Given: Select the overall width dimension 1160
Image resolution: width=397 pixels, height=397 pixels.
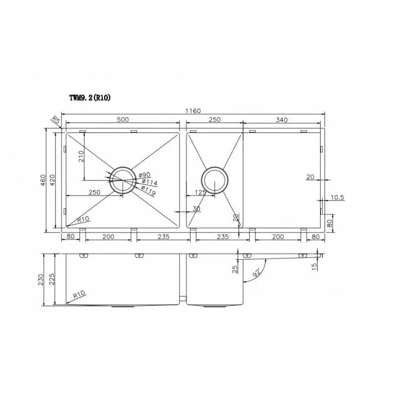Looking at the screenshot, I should click(x=194, y=111).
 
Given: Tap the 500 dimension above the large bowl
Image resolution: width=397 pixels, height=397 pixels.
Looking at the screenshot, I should click(x=123, y=120).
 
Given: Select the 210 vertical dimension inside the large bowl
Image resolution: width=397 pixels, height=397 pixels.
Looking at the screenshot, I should click(x=81, y=156).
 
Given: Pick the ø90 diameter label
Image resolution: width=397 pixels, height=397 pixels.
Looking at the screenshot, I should click(x=144, y=175).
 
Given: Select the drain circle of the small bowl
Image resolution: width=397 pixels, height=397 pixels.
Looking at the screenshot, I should click(x=214, y=179).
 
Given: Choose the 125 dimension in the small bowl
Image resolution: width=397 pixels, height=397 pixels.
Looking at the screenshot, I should click(x=200, y=192).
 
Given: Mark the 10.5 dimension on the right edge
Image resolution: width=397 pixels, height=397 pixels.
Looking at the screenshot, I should click(x=337, y=198).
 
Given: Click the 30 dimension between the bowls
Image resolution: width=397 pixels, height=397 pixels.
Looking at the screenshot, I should click(x=197, y=209).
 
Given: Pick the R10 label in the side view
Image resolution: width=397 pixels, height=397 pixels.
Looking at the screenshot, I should click(x=78, y=295).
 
